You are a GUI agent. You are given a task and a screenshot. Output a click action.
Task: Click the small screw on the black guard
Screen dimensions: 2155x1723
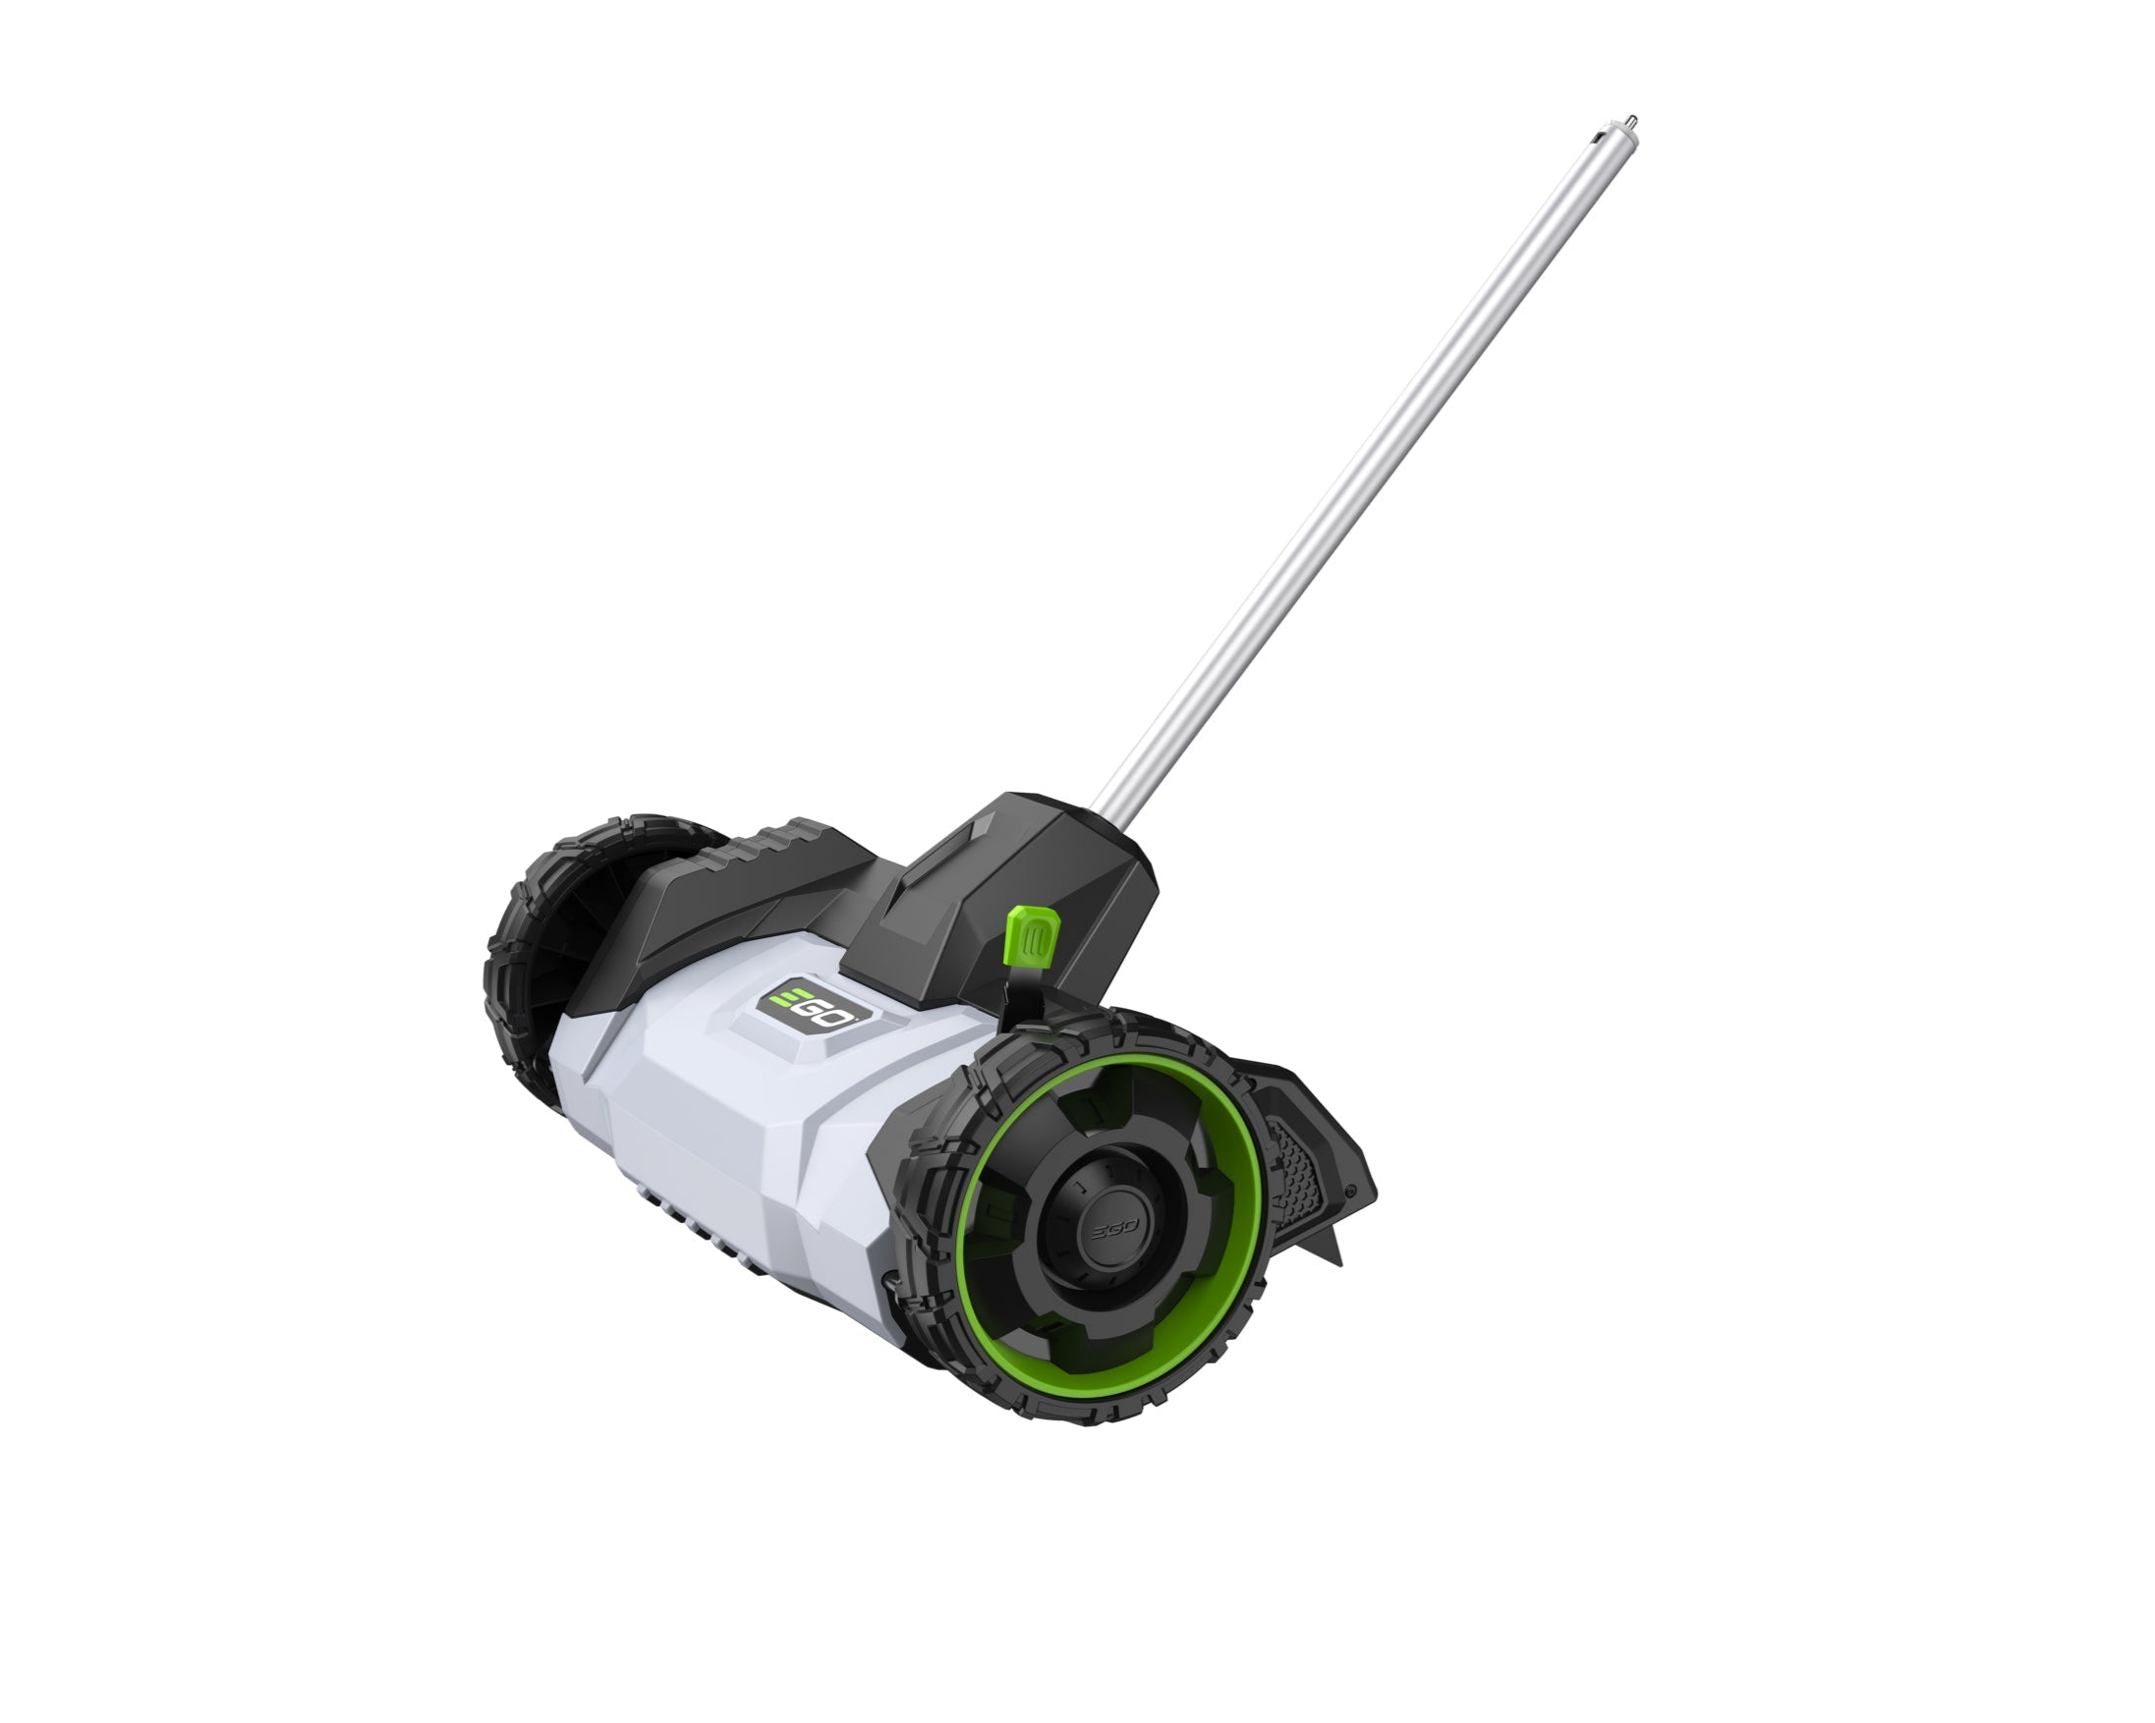tap(1351, 1191)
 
